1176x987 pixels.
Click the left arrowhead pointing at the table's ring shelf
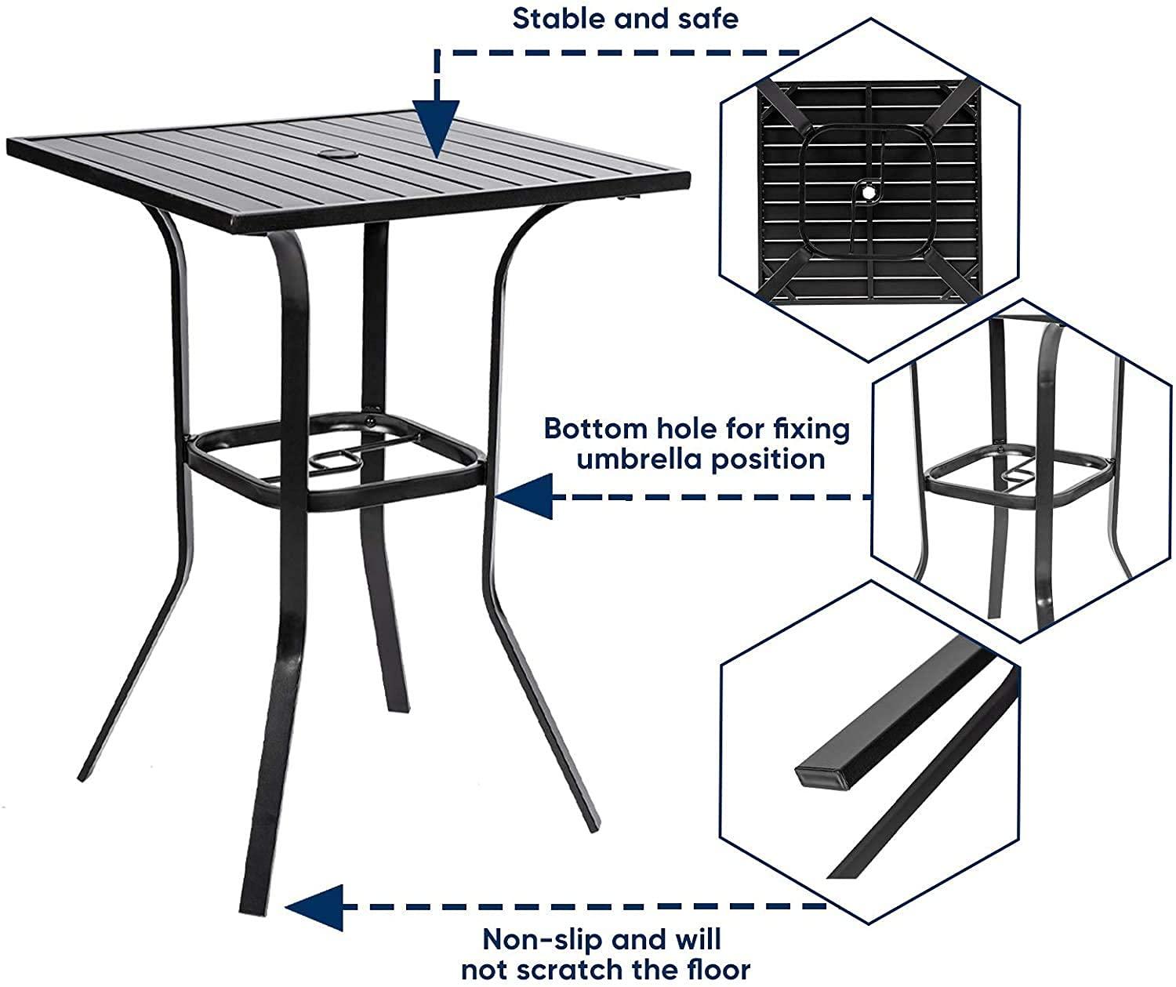(x=524, y=496)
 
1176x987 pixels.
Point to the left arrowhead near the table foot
(x=314, y=907)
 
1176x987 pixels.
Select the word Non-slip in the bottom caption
(x=535, y=938)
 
